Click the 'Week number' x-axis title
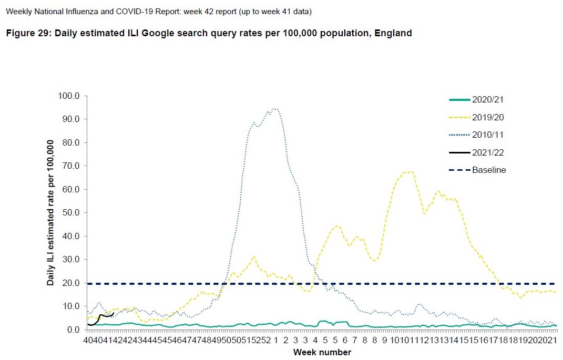[322, 352]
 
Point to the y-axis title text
[51, 213]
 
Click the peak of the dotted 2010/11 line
[275, 109]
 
